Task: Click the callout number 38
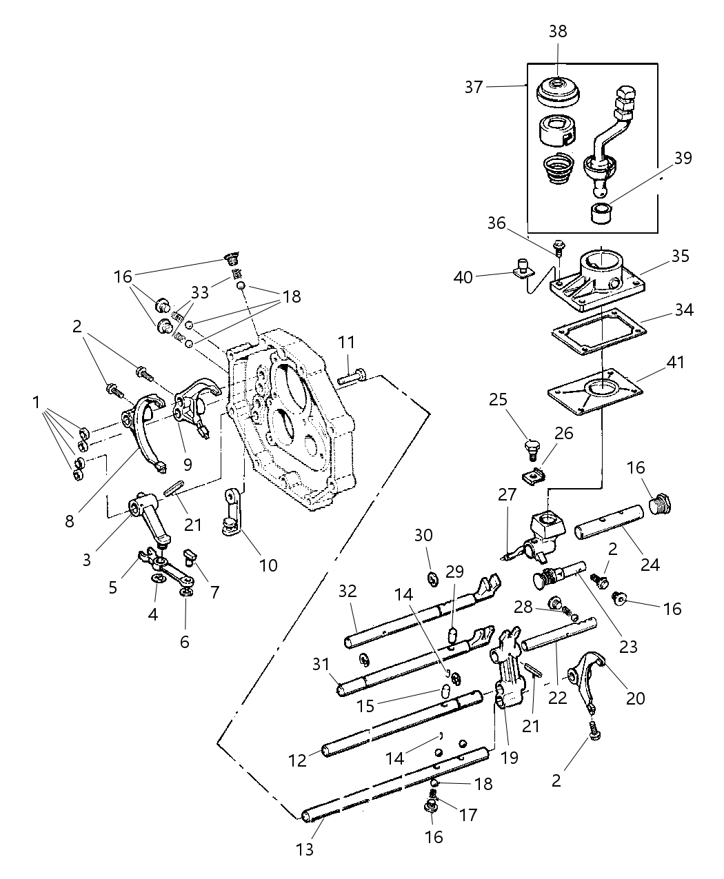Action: point(558,31)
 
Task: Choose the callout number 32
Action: point(348,592)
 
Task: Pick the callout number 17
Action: point(468,815)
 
